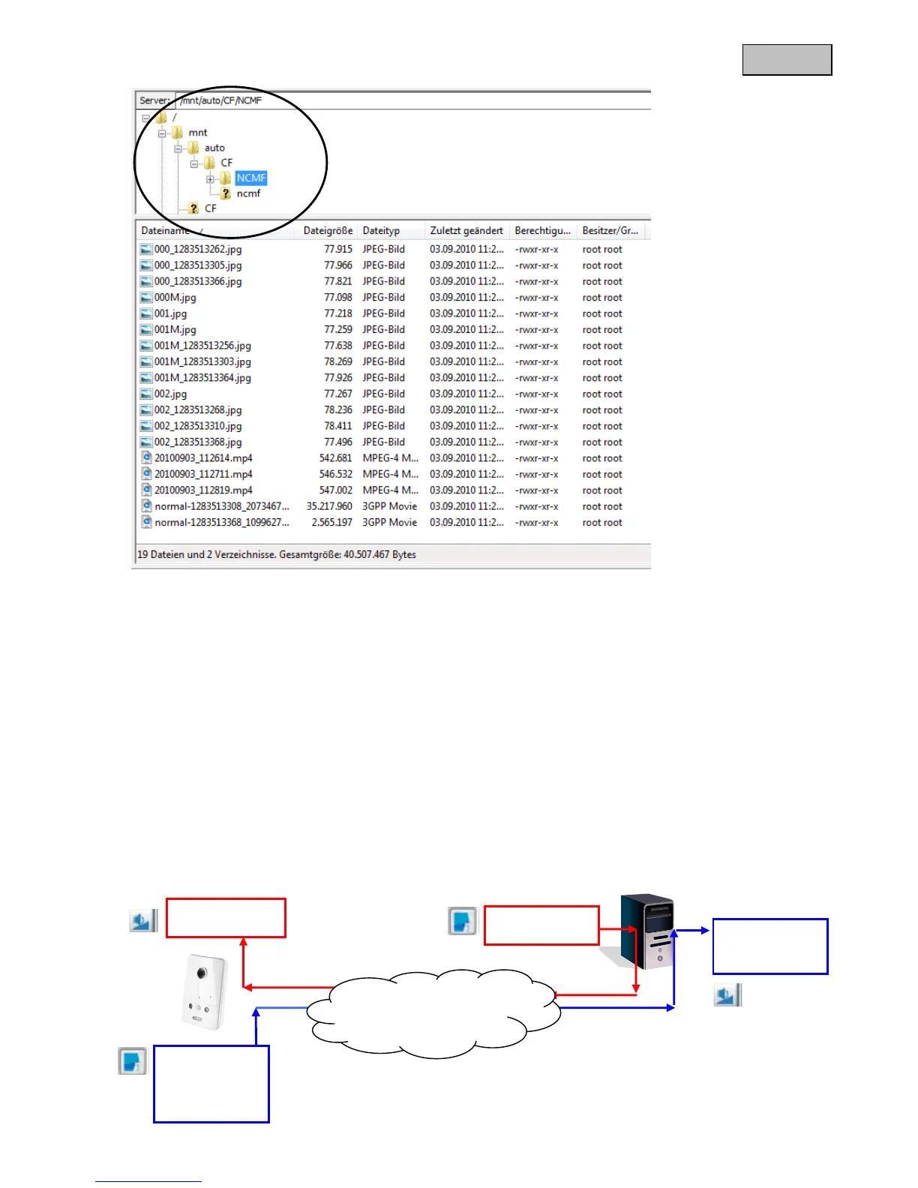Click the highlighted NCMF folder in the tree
pyautogui.click(x=250, y=178)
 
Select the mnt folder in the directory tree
pyautogui.click(x=197, y=133)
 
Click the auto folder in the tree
pyautogui.click(x=214, y=148)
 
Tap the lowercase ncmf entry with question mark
pyautogui.click(x=248, y=193)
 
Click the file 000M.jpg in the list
pyautogui.click(x=175, y=298)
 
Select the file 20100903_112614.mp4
pyautogui.click(x=203, y=458)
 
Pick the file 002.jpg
pyautogui.click(x=170, y=394)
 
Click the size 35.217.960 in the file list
pyautogui.click(x=329, y=506)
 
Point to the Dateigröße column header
pyautogui.click(x=328, y=231)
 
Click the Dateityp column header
pyautogui.click(x=381, y=231)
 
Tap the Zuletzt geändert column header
pyautogui.click(x=466, y=231)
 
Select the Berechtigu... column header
pyautogui.click(x=542, y=231)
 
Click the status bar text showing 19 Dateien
pyautogui.click(x=276, y=555)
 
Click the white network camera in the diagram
pyautogui.click(x=204, y=991)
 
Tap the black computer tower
pyautogui.click(x=646, y=931)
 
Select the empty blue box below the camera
pyautogui.click(x=211, y=1084)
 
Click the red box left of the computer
pyautogui.click(x=541, y=925)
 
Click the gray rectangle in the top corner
pyautogui.click(x=787, y=60)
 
